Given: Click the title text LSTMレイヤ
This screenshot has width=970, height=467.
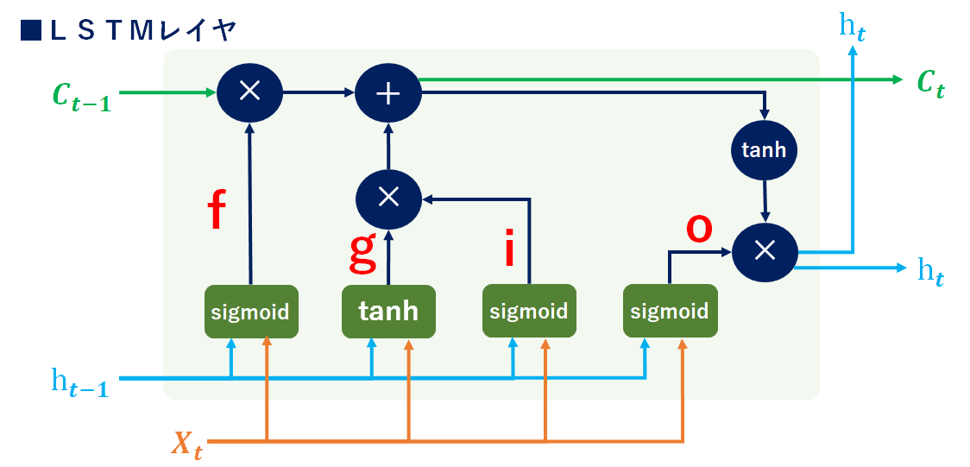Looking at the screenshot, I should click(x=143, y=30).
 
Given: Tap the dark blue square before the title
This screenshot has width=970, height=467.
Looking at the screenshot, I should click(x=31, y=30).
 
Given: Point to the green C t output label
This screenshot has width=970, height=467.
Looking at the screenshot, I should click(x=930, y=83).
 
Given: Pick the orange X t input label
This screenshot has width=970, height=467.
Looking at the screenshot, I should click(x=186, y=445).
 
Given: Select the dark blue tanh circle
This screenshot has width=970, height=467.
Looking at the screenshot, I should click(x=764, y=150).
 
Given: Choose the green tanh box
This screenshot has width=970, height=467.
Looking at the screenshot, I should click(x=388, y=311).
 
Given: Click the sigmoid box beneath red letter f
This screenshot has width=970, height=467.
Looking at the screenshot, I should click(x=251, y=311).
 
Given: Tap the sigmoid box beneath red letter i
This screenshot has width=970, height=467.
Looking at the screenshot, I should click(x=529, y=311).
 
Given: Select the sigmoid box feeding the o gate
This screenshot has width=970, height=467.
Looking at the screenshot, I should click(x=670, y=311).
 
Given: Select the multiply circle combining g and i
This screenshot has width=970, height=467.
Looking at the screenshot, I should click(x=388, y=198).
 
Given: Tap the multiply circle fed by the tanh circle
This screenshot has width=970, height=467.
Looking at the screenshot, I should click(x=764, y=250).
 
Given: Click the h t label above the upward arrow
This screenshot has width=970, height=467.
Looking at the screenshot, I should click(x=853, y=26).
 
